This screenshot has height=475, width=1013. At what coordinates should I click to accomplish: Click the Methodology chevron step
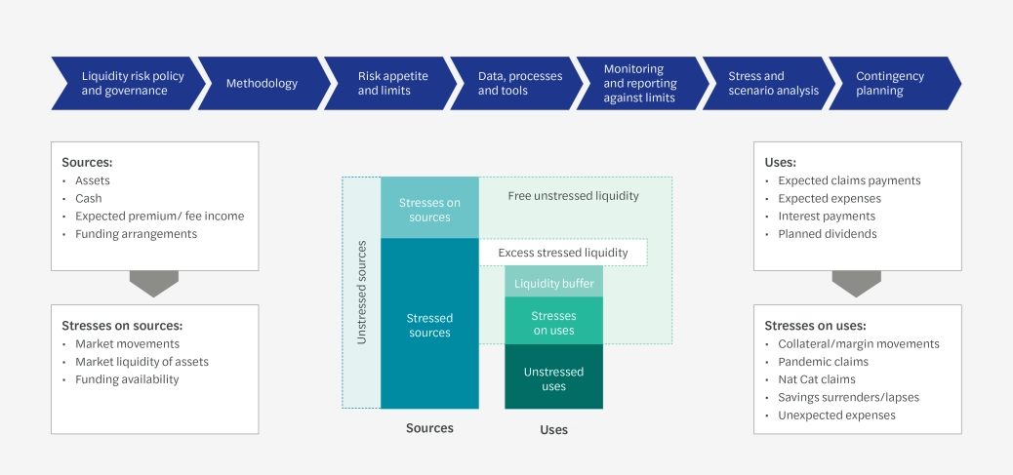(x=262, y=84)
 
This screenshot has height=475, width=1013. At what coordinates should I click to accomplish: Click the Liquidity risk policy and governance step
(x=124, y=84)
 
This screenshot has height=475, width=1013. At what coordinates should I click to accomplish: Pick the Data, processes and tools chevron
(x=519, y=84)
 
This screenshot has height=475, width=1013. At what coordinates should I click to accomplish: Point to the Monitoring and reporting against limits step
(x=639, y=84)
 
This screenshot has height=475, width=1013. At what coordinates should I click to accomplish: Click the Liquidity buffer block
(x=553, y=283)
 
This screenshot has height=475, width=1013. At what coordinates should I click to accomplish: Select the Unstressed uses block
(x=553, y=378)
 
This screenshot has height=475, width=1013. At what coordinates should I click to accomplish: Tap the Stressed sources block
(x=429, y=325)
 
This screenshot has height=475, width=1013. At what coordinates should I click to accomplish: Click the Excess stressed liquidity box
(x=562, y=253)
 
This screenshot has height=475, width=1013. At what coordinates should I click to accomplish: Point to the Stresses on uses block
(x=553, y=323)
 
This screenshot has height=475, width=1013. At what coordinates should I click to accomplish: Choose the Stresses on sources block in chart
(x=429, y=209)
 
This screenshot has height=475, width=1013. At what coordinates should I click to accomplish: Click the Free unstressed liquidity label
(x=573, y=196)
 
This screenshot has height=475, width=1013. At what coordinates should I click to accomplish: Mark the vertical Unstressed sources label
(x=361, y=292)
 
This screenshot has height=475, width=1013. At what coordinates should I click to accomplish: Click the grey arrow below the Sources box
(x=154, y=284)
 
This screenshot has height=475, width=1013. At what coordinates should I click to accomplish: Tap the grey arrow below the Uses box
(x=857, y=284)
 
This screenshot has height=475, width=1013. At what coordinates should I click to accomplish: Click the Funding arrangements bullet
(x=136, y=234)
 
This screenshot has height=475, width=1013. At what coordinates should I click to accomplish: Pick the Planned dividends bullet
(x=827, y=234)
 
